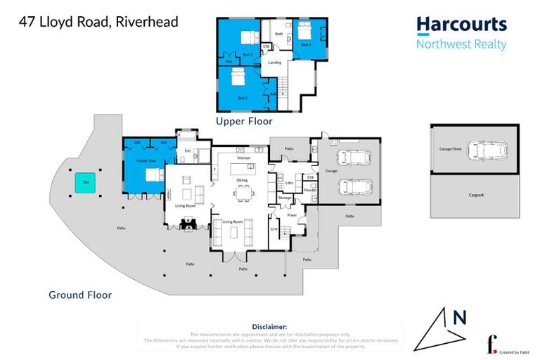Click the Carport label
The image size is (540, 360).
tap(476, 193)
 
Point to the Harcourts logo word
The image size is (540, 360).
tap(461, 25)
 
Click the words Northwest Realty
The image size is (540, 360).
tap(461, 44)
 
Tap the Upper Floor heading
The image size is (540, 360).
tap(244, 121)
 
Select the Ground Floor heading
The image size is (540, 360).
tap(80, 295)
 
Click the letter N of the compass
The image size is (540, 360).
tap(460, 318)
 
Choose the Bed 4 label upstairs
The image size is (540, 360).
tap(306, 44)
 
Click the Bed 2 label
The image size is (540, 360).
tap(242, 96)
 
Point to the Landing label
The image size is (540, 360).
tap(274, 63)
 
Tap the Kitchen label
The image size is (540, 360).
tap(243, 158)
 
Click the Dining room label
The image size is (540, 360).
tap(241, 180)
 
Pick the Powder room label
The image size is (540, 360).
tap(310, 190)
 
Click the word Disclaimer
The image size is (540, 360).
tap(269, 327)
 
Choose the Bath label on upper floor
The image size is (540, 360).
tap(278, 34)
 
